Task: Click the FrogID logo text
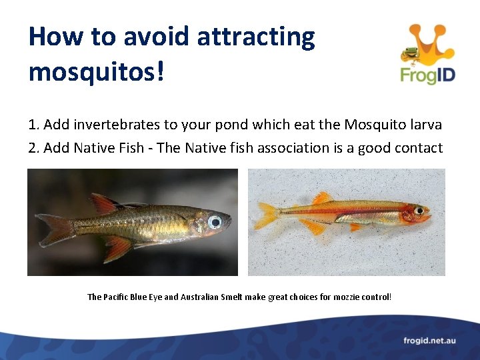[x=427, y=75]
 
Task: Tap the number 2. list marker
[x=34, y=147]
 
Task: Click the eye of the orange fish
[x=419, y=210]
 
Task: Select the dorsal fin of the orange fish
[x=322, y=197]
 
